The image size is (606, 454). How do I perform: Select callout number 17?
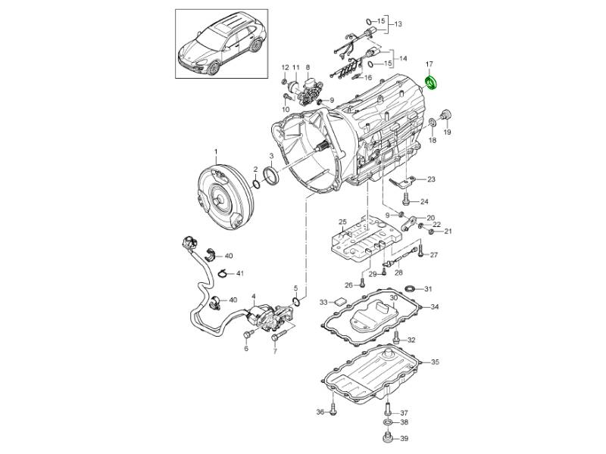(x=429, y=64)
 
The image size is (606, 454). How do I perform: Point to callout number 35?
(x=435, y=362)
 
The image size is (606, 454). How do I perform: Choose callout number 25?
(x=342, y=222)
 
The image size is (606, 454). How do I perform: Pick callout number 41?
(x=239, y=272)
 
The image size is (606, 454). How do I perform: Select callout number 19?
(x=447, y=132)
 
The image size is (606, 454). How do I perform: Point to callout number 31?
(x=428, y=289)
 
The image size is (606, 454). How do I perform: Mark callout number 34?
(x=435, y=307)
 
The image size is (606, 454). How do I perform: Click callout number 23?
(x=431, y=179)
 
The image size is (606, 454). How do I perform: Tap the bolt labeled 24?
(x=406, y=201)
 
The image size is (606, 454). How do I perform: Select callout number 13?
(x=398, y=25)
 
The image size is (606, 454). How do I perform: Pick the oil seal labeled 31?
(x=409, y=289)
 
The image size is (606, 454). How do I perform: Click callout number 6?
(x=245, y=349)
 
